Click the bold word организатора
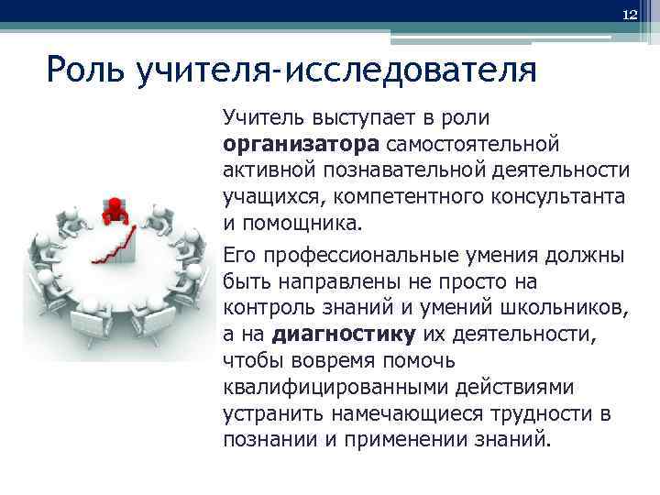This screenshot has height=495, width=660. [300, 144]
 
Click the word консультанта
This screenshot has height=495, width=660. [553, 196]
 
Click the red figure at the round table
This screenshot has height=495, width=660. [115, 209]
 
